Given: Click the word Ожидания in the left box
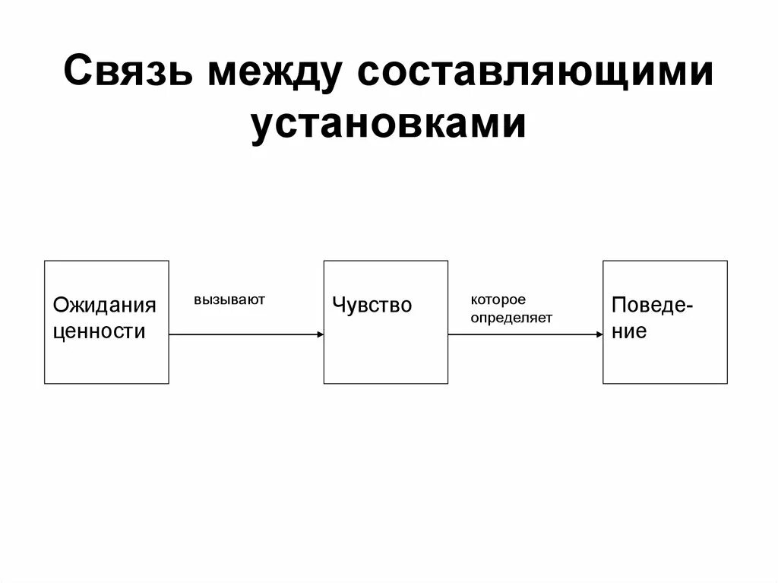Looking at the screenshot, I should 104,306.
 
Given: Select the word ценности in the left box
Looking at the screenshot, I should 99,331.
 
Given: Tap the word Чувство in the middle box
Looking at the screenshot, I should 372,306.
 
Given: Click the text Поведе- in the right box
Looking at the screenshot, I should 652,306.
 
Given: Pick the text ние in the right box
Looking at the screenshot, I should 629,331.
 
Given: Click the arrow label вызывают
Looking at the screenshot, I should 229,299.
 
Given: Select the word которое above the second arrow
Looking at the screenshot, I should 498,300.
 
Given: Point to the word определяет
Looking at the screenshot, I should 511,318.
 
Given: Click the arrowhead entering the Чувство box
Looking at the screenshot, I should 319,334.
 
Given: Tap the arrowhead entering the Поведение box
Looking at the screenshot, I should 599,334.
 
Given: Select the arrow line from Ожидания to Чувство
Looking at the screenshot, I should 243,334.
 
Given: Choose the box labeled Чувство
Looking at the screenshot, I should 386,357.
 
